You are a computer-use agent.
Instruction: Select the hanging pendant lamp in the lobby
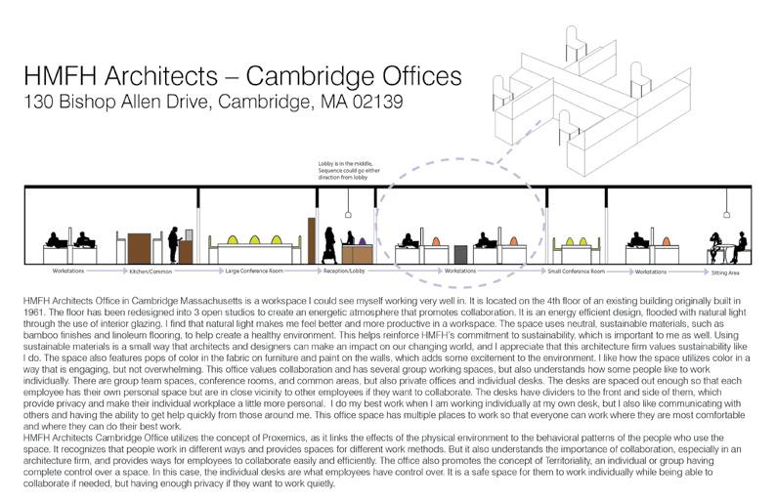click(348, 212)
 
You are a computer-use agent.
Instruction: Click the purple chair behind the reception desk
click(360, 238)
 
